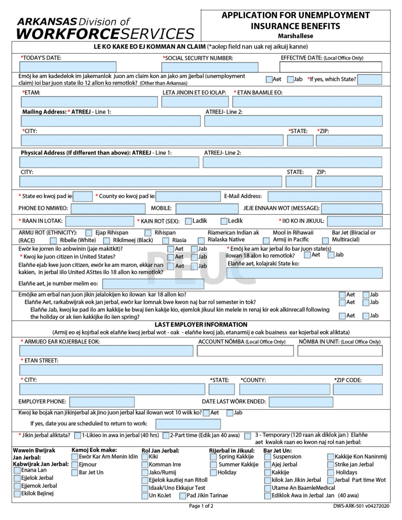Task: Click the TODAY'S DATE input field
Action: point(68,67)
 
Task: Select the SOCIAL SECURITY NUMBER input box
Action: point(209,67)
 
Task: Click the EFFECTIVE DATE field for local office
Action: point(330,67)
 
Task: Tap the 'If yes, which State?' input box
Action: point(369,80)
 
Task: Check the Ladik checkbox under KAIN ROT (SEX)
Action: point(188,221)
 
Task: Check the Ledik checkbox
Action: point(224,221)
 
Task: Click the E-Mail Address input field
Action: point(325,196)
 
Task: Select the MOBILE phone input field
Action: point(207,209)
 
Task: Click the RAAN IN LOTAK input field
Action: point(99,221)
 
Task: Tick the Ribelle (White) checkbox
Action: point(53,240)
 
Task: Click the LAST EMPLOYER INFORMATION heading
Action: point(201,325)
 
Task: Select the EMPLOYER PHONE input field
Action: point(102,402)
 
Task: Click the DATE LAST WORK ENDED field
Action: point(300,402)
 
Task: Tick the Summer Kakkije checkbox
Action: point(214,465)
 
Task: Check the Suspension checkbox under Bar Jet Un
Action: point(268,457)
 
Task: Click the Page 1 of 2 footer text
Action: point(201,506)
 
